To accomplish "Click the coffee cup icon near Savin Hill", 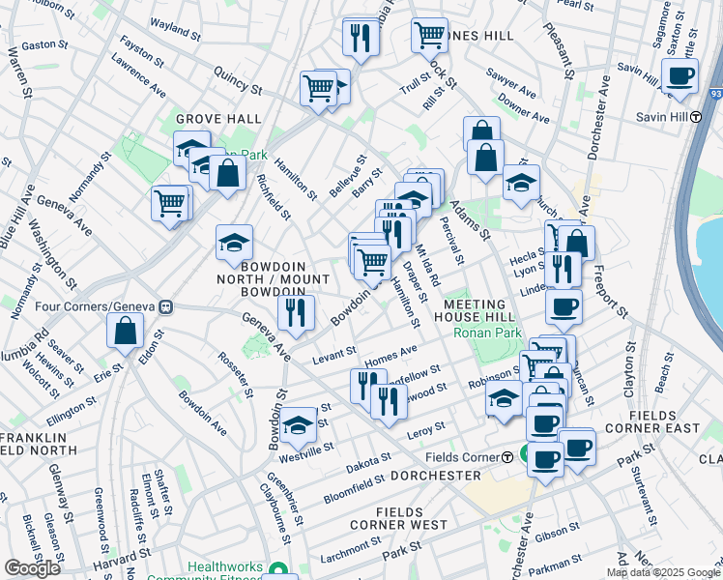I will tap(680, 75).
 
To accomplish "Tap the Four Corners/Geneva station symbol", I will tap(166, 307).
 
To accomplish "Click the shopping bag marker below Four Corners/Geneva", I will tap(127, 331).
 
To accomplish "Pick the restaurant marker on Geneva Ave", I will tap(296, 311).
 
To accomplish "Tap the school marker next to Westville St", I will tap(299, 423).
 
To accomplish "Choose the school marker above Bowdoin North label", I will tap(234, 245).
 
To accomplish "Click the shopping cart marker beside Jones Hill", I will tap(429, 36).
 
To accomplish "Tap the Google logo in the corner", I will tap(32, 568).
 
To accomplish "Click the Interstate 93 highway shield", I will tap(716, 94).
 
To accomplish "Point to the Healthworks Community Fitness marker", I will tap(279, 569).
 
